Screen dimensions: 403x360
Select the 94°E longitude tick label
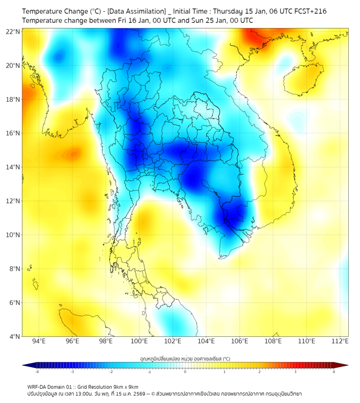pos(39,342)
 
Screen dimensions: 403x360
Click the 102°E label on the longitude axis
pos(173,342)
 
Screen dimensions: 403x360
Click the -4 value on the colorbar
pos(37,372)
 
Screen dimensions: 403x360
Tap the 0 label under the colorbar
pos(185,372)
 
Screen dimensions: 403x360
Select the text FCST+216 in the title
pos(309,11)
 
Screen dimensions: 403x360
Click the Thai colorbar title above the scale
pos(185,358)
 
